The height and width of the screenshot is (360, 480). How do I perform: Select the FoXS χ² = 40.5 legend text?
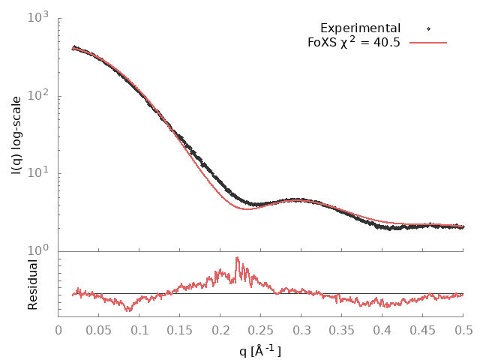[354, 43]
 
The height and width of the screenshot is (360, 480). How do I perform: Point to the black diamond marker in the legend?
[428, 28]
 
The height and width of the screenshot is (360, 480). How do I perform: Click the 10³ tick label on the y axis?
[38, 17]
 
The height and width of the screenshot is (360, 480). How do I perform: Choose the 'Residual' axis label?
[33, 285]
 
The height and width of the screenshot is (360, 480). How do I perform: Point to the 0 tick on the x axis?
[59, 329]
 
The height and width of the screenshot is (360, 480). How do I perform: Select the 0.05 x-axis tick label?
[100, 329]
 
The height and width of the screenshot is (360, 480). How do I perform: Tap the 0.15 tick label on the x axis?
[181, 329]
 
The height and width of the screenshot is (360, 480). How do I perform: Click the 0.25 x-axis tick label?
[262, 329]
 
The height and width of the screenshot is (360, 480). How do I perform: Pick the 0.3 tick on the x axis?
[302, 329]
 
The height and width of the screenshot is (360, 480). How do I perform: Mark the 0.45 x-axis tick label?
[423, 329]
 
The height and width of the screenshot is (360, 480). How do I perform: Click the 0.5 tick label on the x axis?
[463, 329]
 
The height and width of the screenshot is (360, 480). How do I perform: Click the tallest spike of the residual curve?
[237, 258]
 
